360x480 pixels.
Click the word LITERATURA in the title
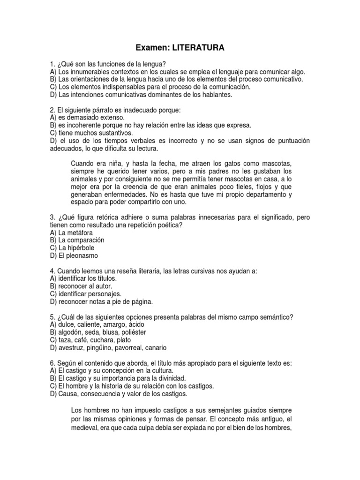coord(198,48)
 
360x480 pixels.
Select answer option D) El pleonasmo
coord(74,255)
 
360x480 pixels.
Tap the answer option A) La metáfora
coord(71,232)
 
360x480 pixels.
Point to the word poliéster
coord(132,332)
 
